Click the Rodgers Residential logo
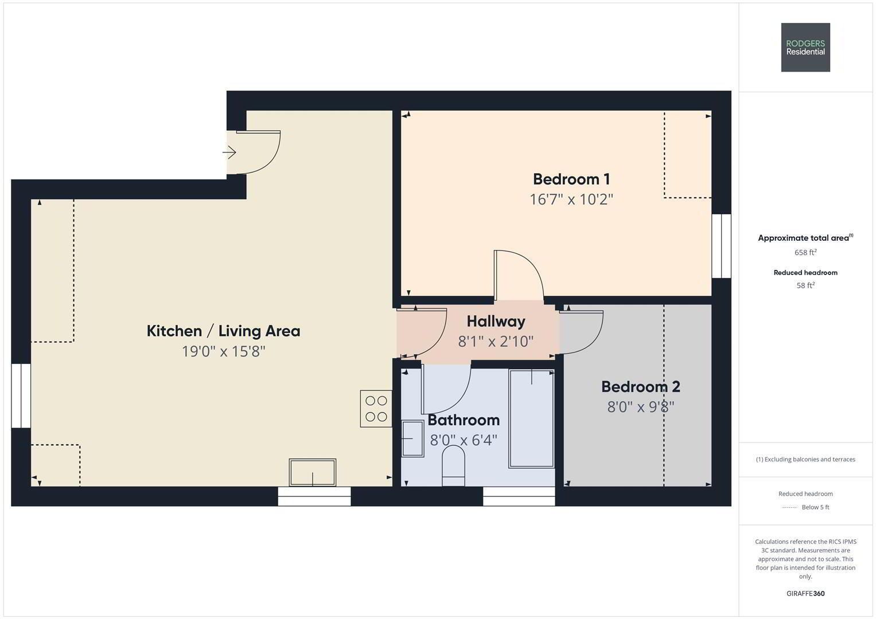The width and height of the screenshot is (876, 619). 805,47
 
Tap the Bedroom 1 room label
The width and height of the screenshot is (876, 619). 571,179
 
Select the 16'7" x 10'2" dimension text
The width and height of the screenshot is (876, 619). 571,199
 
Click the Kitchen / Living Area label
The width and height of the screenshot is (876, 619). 223,331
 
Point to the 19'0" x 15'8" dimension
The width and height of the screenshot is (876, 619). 223,351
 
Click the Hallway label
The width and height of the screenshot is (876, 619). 496,322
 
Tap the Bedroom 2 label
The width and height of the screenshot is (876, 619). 641,387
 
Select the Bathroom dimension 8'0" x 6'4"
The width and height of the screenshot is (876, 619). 464,440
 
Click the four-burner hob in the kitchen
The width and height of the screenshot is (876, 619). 376,408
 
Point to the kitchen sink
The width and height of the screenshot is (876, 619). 313,472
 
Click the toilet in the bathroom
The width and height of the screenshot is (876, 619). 453,466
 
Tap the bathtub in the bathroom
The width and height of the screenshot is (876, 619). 531,418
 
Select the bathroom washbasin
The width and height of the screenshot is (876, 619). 412,438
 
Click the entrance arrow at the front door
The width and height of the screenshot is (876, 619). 229,152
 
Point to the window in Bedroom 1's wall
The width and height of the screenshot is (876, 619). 721,246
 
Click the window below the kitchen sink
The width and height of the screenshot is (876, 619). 314,496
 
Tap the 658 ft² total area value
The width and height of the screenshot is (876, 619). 805,252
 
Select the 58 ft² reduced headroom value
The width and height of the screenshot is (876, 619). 805,285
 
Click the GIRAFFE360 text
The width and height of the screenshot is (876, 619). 805,593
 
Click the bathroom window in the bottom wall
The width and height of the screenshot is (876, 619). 519,496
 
